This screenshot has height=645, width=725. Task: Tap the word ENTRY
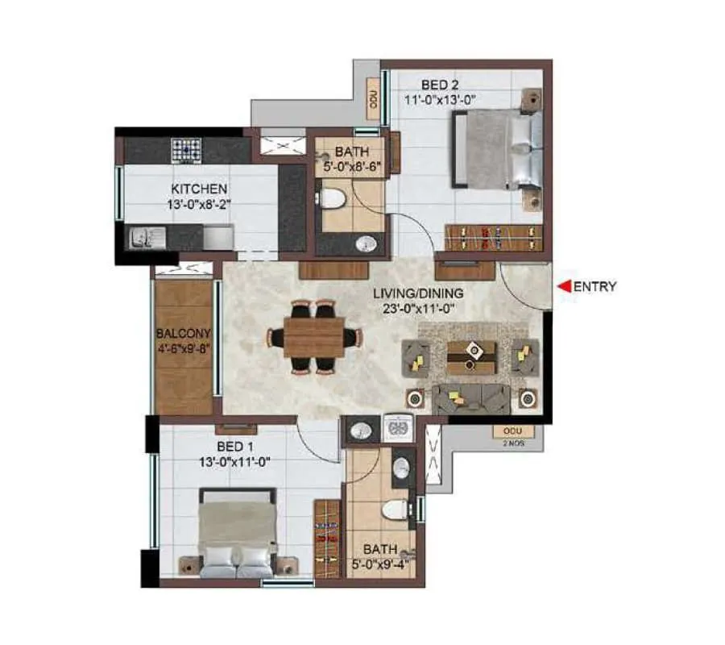(x=596, y=285)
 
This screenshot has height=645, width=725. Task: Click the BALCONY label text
(x=184, y=334)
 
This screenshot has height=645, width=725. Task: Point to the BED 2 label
(x=441, y=83)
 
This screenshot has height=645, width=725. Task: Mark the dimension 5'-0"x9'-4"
(x=379, y=564)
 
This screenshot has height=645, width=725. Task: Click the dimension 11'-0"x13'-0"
(x=441, y=100)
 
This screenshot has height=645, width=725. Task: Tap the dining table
(x=314, y=336)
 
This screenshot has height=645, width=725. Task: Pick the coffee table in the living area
(x=470, y=356)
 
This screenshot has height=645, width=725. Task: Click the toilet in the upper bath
(x=331, y=198)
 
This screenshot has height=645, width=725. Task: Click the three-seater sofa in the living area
(x=471, y=397)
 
